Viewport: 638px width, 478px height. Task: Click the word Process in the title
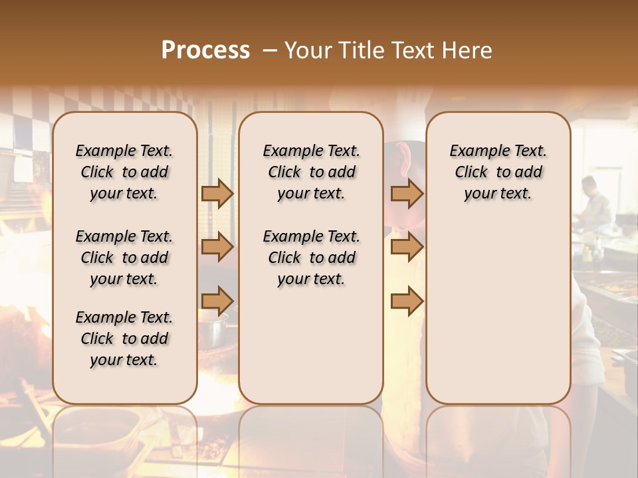(205, 50)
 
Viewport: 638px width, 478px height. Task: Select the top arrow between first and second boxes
(217, 193)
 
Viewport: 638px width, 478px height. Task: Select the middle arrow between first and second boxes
(217, 248)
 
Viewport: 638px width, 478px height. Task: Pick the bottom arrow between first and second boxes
(217, 301)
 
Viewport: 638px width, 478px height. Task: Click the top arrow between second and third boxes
(407, 193)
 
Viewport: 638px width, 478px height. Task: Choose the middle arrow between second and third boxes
(407, 248)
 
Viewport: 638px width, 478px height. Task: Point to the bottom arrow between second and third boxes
(407, 301)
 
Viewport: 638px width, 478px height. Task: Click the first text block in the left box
(124, 172)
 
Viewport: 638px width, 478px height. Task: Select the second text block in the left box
(124, 258)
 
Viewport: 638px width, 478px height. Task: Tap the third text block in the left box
(124, 339)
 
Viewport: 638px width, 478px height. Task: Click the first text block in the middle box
(311, 172)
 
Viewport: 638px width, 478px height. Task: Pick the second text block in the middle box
(311, 258)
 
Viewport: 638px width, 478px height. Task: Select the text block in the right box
(498, 172)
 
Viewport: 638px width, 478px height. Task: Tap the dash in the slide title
(270, 51)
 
